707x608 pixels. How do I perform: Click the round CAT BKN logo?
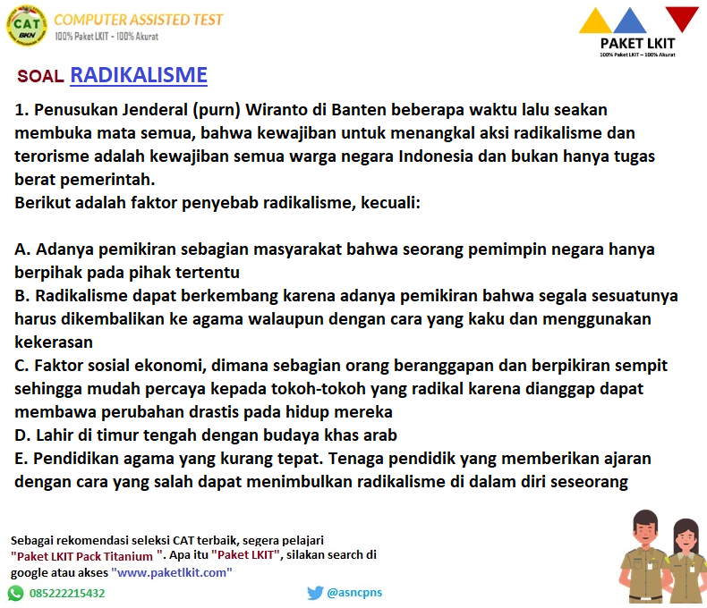(x=27, y=26)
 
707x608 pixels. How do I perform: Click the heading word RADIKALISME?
(x=139, y=75)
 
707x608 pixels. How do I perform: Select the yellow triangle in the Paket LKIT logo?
(x=595, y=21)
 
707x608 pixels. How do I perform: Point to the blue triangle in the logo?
(x=630, y=21)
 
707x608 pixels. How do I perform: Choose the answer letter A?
(x=22, y=249)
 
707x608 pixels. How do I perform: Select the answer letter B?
(x=22, y=296)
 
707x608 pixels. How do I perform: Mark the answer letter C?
(x=21, y=366)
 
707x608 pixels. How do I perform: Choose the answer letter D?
(x=22, y=435)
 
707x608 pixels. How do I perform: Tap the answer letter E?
(x=21, y=459)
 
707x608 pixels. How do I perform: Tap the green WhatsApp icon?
(x=16, y=593)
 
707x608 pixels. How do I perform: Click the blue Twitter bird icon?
(x=315, y=593)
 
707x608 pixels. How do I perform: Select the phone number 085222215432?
(x=67, y=593)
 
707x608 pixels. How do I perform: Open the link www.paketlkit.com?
(x=172, y=572)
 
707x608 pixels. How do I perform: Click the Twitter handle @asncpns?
(x=354, y=592)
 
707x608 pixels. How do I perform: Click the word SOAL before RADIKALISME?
(x=40, y=76)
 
